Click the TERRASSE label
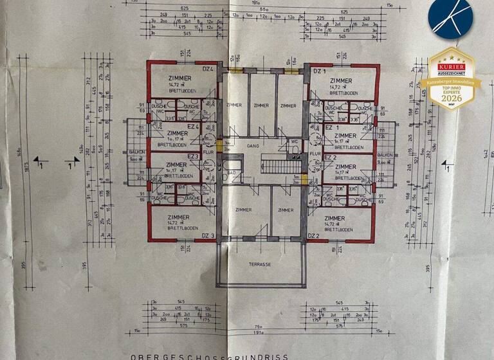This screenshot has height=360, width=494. coord(261,264)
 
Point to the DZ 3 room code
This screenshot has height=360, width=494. coord(207,236)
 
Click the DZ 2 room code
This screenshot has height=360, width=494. coord(314,236)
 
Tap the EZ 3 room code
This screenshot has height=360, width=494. coord(192,157)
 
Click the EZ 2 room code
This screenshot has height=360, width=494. coord(330,157)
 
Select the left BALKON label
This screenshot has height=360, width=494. coord(136,152)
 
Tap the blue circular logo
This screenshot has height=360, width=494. coord(450,19)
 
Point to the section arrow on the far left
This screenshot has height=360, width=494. coord(39,161)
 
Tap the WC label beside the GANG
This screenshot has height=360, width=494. coord(293,141)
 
